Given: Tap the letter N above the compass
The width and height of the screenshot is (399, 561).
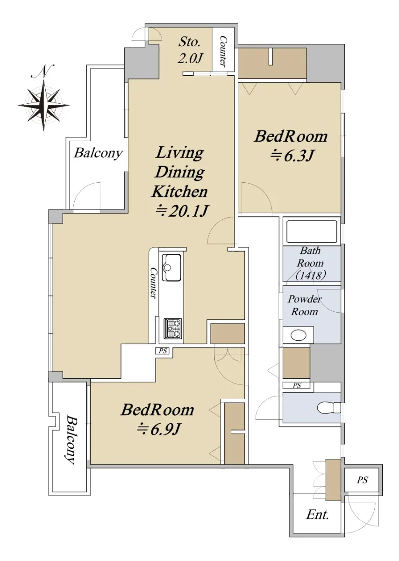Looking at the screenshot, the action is point(43,72).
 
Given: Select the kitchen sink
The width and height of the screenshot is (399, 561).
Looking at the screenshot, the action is point(171,267).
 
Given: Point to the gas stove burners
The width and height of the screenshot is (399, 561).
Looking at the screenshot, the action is point(173,328).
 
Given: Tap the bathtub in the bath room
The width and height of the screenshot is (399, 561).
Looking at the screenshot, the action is point(312,232).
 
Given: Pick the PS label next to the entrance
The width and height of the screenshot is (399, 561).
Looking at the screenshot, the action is point(362,480).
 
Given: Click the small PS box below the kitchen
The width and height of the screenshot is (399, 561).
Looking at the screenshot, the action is point(163,351).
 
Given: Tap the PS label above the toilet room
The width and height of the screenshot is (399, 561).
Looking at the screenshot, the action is point(297,385).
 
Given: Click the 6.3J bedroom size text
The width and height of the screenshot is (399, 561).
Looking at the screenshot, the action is point(292,156).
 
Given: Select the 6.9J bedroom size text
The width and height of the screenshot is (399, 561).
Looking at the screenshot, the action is point(158,430).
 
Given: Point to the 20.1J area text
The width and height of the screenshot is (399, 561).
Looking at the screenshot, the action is point(181,211).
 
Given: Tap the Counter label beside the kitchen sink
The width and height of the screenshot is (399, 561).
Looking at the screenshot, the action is point(154,283).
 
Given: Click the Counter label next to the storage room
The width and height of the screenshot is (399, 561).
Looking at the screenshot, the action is point(223,52).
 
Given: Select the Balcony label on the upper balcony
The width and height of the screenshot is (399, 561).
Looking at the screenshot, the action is point(98,153).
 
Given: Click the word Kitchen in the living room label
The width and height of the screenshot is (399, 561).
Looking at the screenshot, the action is point(180,192).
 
